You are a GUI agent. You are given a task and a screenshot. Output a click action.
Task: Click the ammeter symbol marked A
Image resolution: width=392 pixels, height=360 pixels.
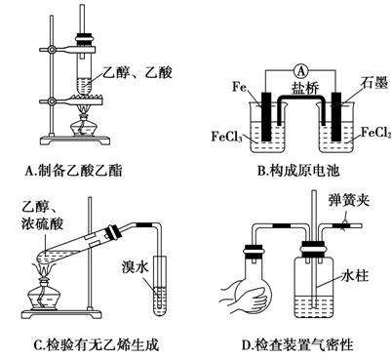tap(301, 70)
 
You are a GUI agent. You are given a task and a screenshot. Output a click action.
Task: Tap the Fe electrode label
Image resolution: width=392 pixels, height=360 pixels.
tap(240, 87)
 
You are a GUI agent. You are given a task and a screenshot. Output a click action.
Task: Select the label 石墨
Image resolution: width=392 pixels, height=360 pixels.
tap(374, 83)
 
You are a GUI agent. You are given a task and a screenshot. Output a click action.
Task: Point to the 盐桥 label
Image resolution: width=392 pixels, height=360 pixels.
tap(305, 88)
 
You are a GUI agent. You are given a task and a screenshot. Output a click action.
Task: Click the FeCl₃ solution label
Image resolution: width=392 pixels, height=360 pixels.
tap(226, 136)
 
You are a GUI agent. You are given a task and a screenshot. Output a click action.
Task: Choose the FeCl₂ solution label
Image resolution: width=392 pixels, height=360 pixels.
tap(376, 133)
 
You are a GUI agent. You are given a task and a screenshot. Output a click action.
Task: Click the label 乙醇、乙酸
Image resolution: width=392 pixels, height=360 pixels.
tap(137, 72)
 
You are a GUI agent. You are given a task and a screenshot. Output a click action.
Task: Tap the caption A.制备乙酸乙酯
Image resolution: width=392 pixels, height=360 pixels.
tap(74, 171)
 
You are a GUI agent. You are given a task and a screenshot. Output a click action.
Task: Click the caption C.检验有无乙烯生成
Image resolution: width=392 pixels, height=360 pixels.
tap(97, 344)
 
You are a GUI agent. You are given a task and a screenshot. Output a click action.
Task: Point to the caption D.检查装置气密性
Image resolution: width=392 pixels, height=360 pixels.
tap(297, 344)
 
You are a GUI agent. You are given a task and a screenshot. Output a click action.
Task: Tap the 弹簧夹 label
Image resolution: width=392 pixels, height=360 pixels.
tap(349, 200)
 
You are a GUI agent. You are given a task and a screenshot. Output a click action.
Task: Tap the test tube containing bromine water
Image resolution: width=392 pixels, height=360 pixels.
tap(160, 286)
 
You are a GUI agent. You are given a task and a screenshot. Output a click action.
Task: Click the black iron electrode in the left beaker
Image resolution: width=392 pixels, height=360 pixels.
tap(266, 117)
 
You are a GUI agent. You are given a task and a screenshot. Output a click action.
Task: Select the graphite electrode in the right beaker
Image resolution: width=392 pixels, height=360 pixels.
tap(336, 117)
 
